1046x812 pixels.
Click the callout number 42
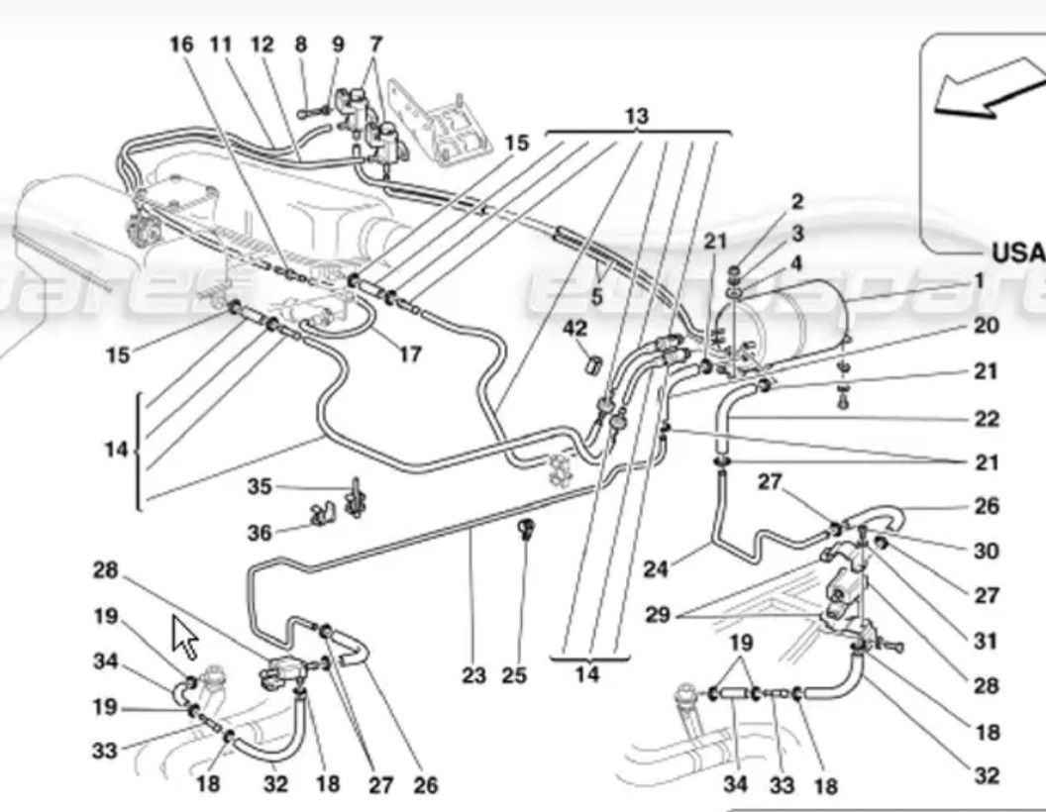575,327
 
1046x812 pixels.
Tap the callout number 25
513,675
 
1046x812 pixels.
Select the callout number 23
473,675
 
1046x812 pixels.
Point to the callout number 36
260,533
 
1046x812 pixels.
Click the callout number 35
260,486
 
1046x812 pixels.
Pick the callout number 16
180,45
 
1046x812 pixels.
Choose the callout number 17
410,353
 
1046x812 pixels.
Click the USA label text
1018,251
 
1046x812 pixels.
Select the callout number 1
978,281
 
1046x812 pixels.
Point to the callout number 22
986,419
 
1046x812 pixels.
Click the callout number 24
656,568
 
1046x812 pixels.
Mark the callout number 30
986,551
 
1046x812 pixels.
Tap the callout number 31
986,641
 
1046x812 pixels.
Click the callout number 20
986,326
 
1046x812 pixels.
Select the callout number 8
301,45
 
